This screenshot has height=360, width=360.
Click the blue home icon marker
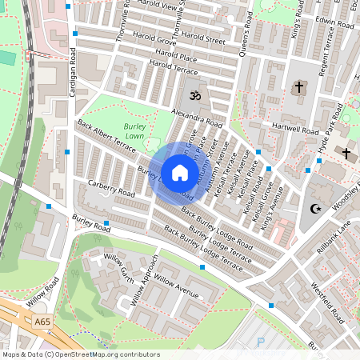180,172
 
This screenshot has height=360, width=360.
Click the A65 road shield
44,321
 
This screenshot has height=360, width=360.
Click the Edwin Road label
335,25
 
